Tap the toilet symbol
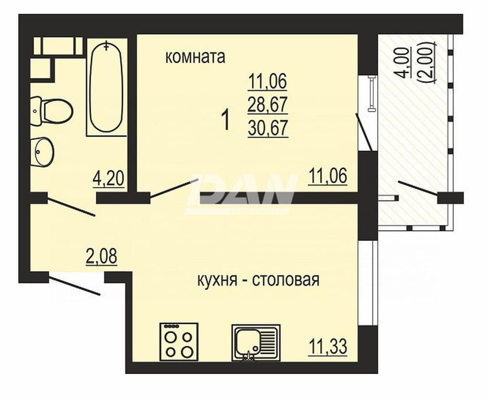tap(52, 111)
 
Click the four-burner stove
tap(179, 342)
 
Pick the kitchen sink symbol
tap(256, 343)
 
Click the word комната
tap(195, 58)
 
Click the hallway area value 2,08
tap(102, 257)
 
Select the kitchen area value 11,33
tap(328, 347)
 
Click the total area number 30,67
tap(267, 128)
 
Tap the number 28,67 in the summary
tap(267, 104)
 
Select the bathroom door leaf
tap(71, 206)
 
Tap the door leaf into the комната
tap(170, 189)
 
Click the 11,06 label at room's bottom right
tap(327, 176)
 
